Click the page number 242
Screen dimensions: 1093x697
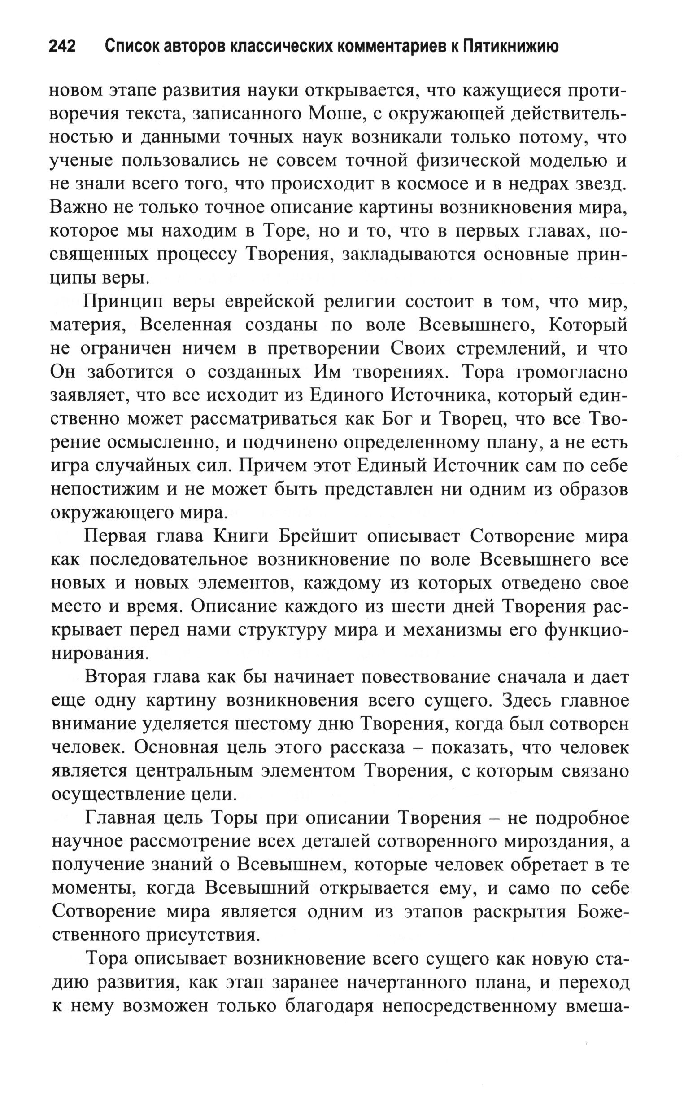pos(62,46)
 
